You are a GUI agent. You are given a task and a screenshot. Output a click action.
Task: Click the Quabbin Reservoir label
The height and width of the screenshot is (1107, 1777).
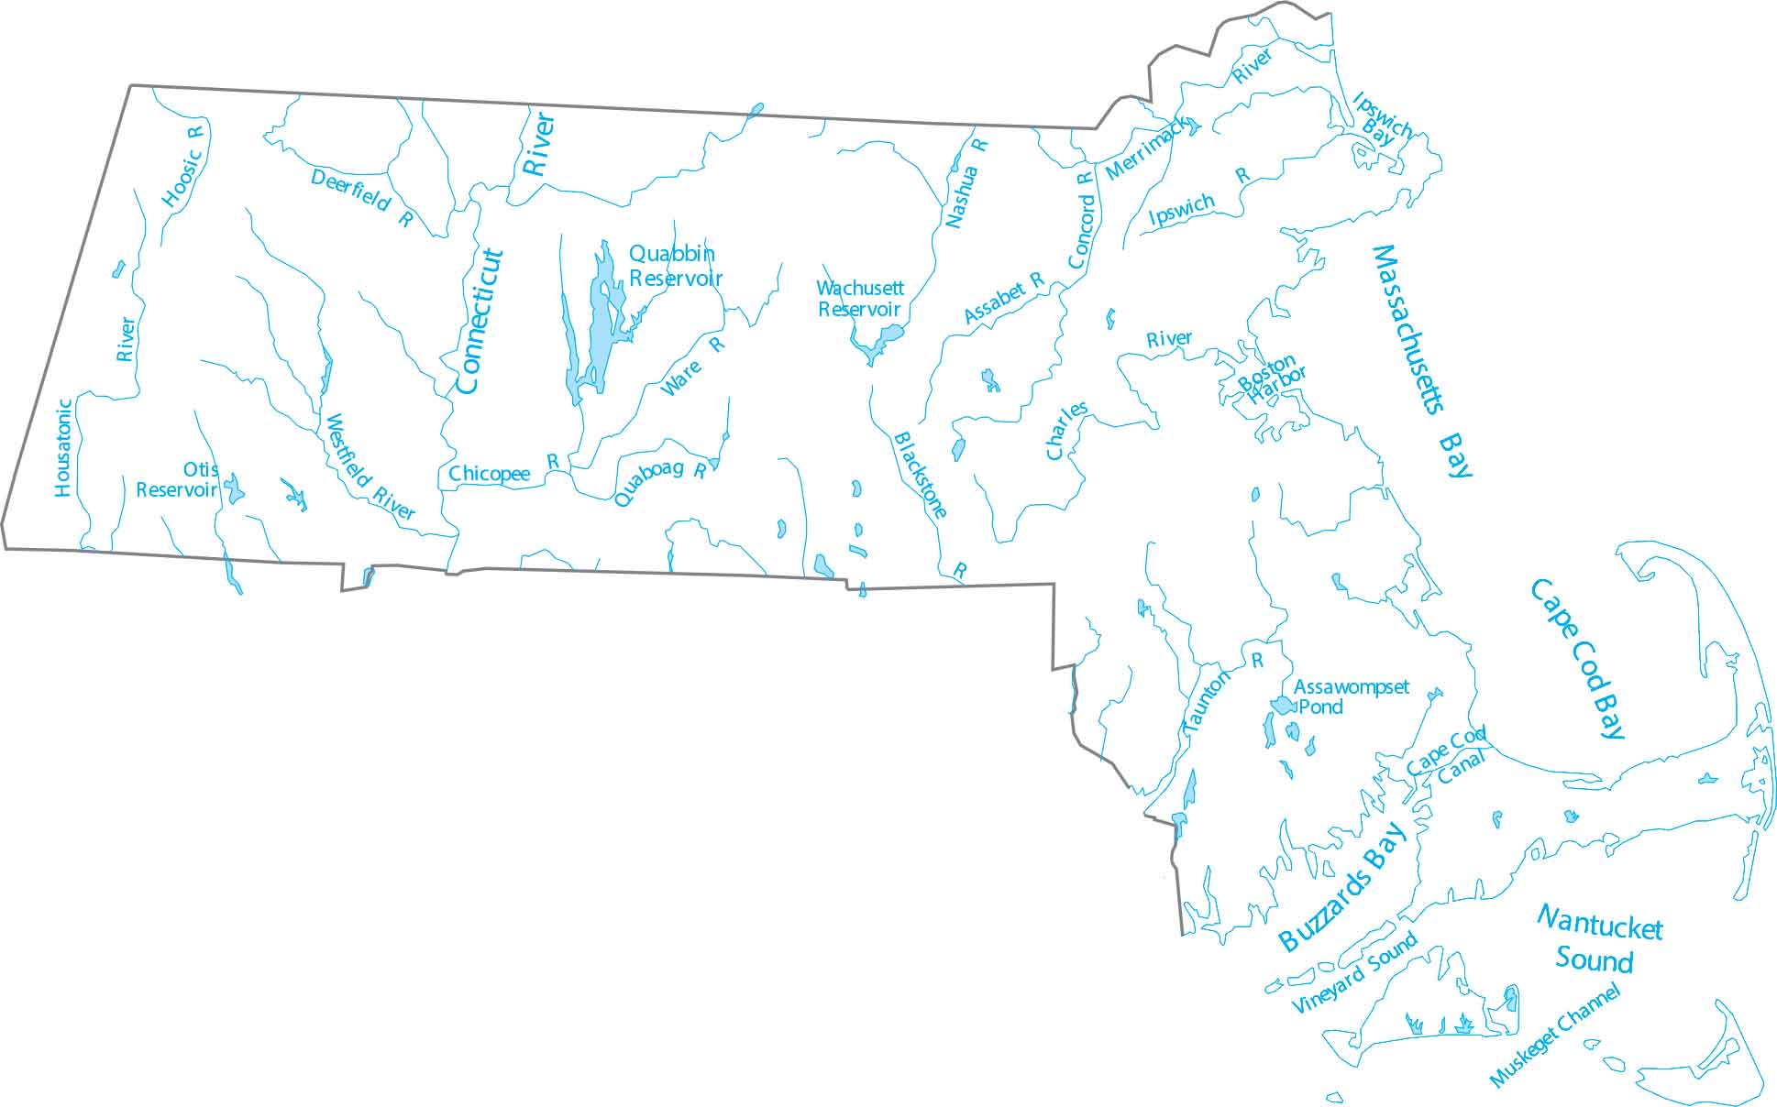tap(675, 266)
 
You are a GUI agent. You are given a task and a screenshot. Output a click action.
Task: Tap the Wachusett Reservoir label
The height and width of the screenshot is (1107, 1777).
tap(859, 299)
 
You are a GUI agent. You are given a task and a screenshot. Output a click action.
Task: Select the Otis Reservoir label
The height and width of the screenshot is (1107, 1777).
tap(178, 480)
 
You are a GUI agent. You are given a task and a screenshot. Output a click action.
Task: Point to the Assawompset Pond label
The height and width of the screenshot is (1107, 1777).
tap(1350, 696)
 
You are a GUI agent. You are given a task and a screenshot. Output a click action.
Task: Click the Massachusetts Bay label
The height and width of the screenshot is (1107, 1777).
tap(1421, 357)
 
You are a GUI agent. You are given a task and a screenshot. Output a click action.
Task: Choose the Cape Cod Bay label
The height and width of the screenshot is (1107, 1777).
tap(1577, 658)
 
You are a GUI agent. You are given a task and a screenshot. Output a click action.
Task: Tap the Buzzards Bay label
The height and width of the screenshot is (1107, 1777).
tap(1342, 887)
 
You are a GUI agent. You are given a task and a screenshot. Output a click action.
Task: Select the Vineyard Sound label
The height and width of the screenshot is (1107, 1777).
tap(1354, 972)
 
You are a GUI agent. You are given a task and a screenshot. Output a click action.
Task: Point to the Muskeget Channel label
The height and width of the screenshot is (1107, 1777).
tap(1555, 1036)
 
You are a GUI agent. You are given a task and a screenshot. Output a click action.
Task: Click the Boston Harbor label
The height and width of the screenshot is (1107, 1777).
tap(1271, 377)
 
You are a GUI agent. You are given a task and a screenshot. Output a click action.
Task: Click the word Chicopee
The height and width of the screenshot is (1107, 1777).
tap(489, 474)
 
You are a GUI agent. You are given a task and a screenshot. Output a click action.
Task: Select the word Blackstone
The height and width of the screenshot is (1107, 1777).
tap(920, 475)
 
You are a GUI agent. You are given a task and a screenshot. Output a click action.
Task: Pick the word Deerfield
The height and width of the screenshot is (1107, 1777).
tap(351, 190)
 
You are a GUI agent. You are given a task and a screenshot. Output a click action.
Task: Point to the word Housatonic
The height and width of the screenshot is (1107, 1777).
tap(62, 447)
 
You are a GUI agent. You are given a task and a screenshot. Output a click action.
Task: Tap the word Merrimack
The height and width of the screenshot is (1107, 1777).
tap(1146, 148)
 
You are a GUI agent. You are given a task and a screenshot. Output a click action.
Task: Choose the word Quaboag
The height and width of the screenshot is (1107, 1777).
tap(648, 483)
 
